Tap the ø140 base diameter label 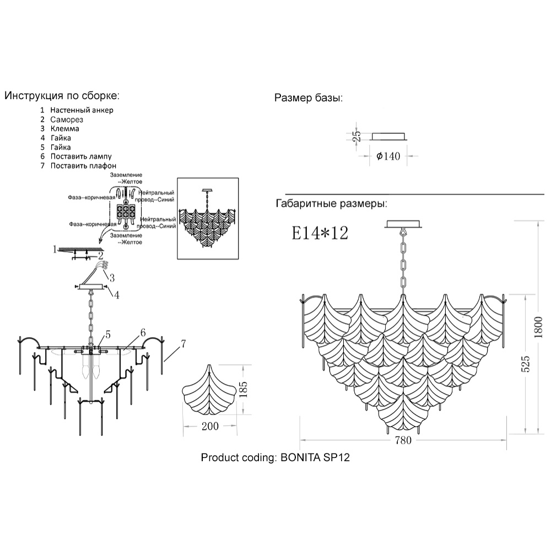[x=388, y=156]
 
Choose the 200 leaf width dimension [x=210, y=425]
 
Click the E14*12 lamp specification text [x=320, y=233]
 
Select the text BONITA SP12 [x=315, y=457]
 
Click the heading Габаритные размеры [x=331, y=203]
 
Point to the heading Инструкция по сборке [x=62, y=95]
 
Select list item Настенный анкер [x=82, y=110]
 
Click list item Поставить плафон [x=83, y=166]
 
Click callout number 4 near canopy [x=116, y=295]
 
